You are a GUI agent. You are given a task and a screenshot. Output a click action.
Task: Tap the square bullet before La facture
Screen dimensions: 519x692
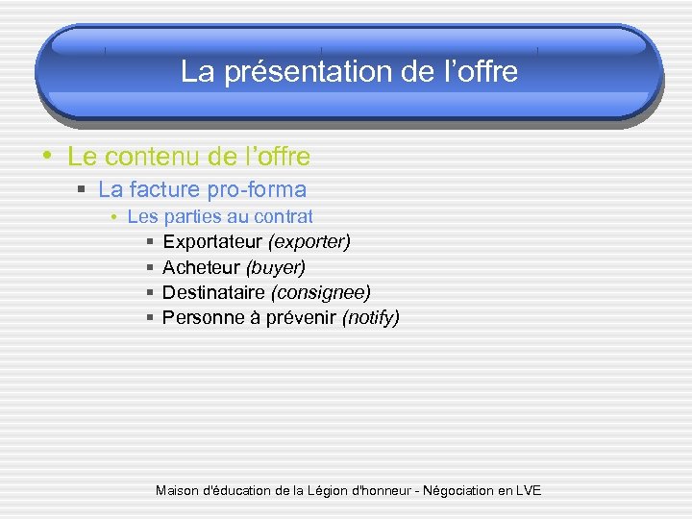pyautogui.click(x=83, y=190)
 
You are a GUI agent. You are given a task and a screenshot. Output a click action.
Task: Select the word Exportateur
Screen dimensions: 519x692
pyautogui.click(x=212, y=241)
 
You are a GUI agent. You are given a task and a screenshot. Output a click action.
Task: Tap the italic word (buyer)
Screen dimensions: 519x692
pyautogui.click(x=276, y=266)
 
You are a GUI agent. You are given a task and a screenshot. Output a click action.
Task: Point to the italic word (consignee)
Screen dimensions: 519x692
pyautogui.click(x=323, y=291)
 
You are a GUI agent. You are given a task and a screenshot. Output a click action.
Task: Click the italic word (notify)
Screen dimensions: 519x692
pyautogui.click(x=371, y=317)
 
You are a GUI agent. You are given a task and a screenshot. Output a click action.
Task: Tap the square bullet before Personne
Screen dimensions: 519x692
pyautogui.click(x=151, y=317)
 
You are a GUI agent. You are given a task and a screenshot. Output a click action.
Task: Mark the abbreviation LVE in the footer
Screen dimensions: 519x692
pyautogui.click(x=528, y=490)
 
